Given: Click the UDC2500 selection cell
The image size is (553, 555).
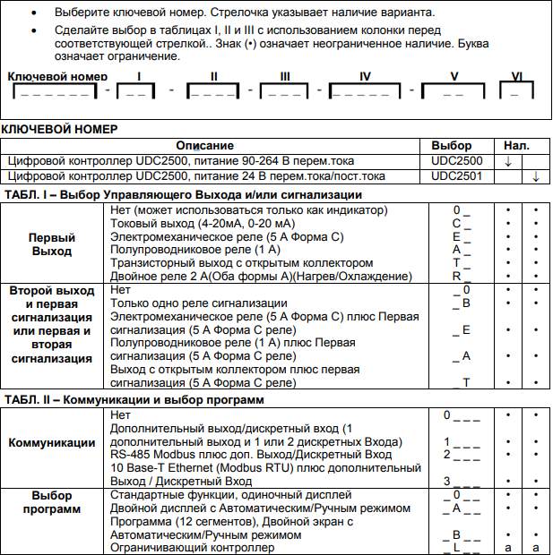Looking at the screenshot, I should (456, 160).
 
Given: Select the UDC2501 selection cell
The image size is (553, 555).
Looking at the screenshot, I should (456, 176).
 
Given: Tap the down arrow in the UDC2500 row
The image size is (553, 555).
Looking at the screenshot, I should (507, 161).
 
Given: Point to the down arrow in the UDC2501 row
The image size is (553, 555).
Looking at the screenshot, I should (535, 177).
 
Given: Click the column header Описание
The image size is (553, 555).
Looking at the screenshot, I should (204, 145).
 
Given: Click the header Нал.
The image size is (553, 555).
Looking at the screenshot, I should (516, 145).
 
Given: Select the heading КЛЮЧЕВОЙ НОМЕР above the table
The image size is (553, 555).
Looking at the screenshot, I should (59, 129).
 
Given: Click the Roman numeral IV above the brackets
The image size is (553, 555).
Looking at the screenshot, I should (365, 77).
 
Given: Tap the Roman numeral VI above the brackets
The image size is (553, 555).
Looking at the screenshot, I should (516, 77).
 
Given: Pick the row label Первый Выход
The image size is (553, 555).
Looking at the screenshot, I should (52, 244).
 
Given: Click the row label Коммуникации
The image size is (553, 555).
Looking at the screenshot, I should (52, 442).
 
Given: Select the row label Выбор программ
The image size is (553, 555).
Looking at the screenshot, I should (52, 501).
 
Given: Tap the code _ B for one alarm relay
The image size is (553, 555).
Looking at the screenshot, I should (461, 303).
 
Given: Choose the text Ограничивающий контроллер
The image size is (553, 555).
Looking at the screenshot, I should (192, 548).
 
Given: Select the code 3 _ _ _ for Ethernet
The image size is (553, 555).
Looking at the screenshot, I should (461, 482).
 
